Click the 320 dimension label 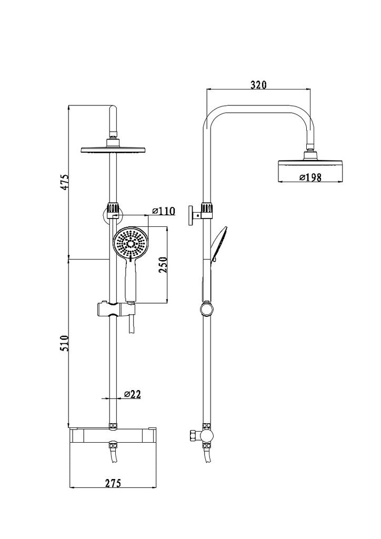point(258,85)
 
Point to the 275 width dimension point(113,483)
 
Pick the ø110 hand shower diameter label point(163,211)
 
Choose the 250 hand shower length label point(163,265)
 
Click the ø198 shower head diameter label point(310,177)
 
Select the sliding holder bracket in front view point(115,310)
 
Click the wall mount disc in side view point(190,215)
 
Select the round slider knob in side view point(207,308)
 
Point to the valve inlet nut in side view point(193,436)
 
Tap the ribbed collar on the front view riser point(114,209)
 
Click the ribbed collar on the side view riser point(207,209)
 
